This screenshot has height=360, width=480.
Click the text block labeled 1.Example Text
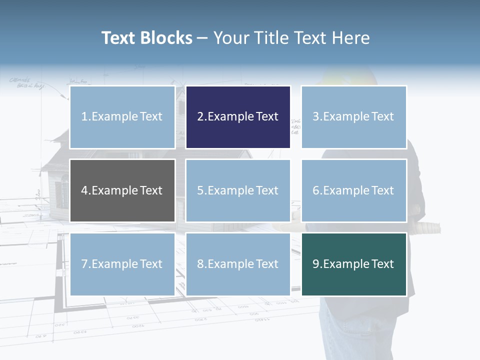(x=122, y=117)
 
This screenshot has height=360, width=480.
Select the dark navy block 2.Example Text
(x=238, y=117)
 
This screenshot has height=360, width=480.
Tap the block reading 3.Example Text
(x=353, y=117)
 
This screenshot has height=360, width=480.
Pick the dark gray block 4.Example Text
(x=122, y=190)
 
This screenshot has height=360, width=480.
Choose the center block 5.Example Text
(x=238, y=190)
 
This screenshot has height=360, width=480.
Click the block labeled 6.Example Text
(x=353, y=190)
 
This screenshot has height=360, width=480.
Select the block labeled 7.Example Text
(x=122, y=264)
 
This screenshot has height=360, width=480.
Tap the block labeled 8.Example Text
(x=238, y=264)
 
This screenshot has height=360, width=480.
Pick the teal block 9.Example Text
(x=353, y=264)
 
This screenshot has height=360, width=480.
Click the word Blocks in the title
(x=166, y=38)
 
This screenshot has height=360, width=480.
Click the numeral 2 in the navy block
(x=200, y=117)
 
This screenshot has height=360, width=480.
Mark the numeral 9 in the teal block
(x=316, y=264)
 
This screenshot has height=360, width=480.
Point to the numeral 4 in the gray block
(x=84, y=190)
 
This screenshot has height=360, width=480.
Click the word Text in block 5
(x=266, y=190)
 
